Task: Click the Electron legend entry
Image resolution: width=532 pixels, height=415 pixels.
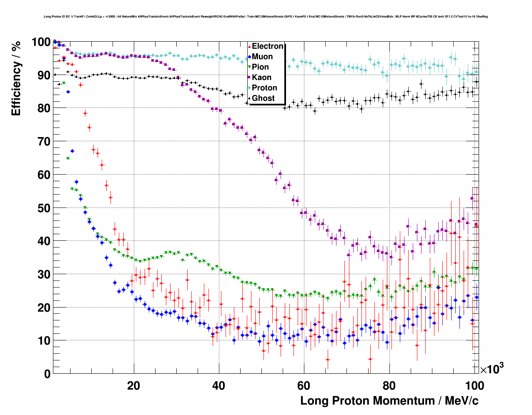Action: tap(267, 46)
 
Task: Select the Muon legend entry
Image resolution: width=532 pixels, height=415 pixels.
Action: tap(262, 57)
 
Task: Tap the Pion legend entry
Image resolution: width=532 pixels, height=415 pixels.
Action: tap(260, 67)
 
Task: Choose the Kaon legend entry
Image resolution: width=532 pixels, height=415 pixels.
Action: tap(261, 77)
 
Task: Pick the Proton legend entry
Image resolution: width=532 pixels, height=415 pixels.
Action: tap(264, 88)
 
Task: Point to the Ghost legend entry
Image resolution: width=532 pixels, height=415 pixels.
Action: tap(263, 98)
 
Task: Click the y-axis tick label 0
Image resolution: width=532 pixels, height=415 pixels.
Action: tap(47, 374)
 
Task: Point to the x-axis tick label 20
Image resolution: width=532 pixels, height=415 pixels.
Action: tap(133, 386)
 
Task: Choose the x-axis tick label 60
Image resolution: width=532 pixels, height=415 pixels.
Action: tap(304, 386)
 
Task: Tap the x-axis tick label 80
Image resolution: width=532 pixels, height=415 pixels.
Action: tap(389, 386)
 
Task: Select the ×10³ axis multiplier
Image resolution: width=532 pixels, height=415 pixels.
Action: tap(492, 369)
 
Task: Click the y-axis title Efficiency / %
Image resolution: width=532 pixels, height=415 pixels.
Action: tap(16, 78)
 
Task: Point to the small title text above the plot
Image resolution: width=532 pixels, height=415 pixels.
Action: tap(266, 17)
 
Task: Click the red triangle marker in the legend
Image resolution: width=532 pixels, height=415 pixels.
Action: tap(249, 47)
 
